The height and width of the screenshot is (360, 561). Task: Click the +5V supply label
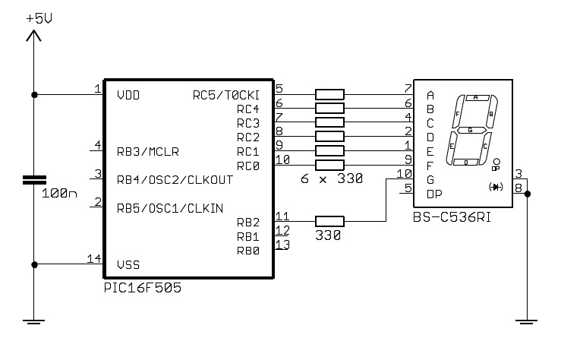coord(39,18)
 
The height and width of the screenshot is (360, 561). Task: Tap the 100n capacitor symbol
coord(34,180)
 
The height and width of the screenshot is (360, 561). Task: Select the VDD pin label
coord(128,95)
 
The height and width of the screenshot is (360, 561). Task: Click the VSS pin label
coord(128,265)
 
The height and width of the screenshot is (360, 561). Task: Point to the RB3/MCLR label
coord(148,152)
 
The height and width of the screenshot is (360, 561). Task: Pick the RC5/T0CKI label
coord(226,95)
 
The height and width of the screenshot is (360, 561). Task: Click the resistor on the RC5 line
coord(329,94)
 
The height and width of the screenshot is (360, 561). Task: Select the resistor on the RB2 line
coord(329,221)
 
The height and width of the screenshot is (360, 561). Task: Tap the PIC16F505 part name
coord(143,288)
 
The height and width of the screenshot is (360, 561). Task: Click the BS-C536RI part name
coord(452,217)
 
